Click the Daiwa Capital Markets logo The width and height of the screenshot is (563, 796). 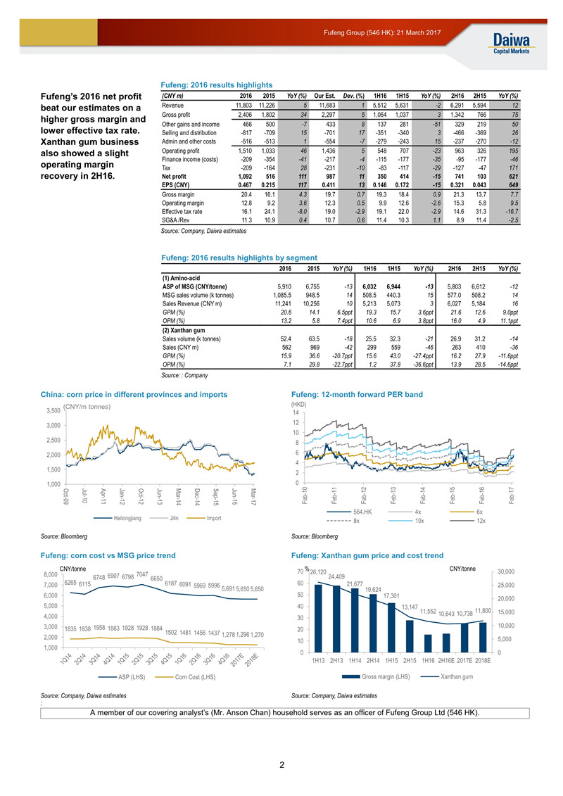coord(511,43)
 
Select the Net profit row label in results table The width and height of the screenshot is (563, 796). coord(174,177)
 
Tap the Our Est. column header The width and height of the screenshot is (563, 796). coord(324,96)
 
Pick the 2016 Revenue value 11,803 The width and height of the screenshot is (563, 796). coord(243,106)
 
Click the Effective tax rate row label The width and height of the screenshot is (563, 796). coord(182,212)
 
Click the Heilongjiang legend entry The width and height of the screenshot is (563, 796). coord(118,518)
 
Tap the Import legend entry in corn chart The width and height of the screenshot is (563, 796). coord(204,518)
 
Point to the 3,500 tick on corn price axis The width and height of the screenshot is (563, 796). coord(53,411)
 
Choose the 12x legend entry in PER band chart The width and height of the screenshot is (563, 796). coord(467,521)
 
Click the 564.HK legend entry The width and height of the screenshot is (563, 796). coord(350,512)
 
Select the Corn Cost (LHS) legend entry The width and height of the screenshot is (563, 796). coord(185,677)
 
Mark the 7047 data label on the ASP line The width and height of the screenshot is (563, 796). coord(142,574)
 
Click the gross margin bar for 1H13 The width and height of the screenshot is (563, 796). coord(318,619)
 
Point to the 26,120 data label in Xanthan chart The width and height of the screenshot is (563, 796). coord(318,572)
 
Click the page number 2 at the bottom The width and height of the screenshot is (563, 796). coord(281,764)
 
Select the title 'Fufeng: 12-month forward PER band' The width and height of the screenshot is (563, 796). coord(357,394)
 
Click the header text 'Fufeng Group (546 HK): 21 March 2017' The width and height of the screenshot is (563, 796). coord(382,32)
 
